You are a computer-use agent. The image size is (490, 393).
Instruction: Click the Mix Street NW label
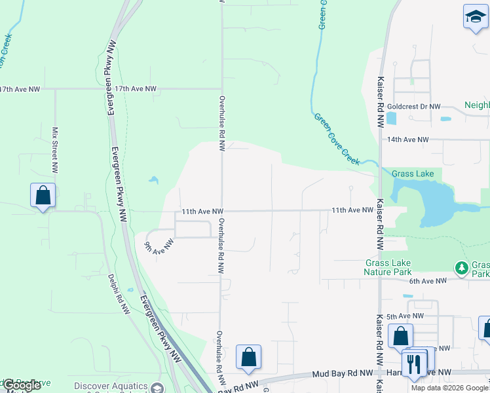click(56, 150)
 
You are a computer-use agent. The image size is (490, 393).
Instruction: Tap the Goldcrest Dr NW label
click(414, 106)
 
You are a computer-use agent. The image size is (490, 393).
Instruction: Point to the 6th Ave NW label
click(427, 280)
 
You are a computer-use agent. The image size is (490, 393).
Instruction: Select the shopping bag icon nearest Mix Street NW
click(43, 195)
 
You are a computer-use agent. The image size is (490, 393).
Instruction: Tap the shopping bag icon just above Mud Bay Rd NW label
click(248, 357)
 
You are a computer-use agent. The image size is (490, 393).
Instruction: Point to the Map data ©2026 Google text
click(449, 388)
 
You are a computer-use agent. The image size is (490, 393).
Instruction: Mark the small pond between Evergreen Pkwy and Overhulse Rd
click(153, 179)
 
